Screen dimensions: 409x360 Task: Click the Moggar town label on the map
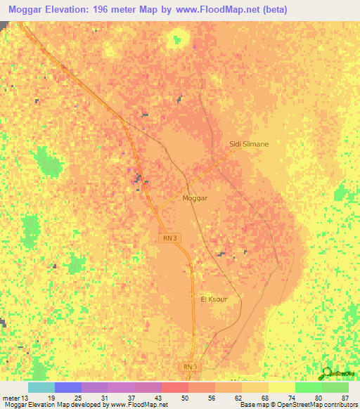(x=195, y=199)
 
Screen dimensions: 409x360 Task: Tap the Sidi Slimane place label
(x=249, y=144)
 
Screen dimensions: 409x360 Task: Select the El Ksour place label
(x=213, y=299)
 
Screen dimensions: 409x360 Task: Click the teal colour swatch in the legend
(x=41, y=388)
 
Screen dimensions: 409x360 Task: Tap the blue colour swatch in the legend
(x=68, y=388)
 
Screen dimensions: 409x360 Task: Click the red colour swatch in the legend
(x=175, y=388)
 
